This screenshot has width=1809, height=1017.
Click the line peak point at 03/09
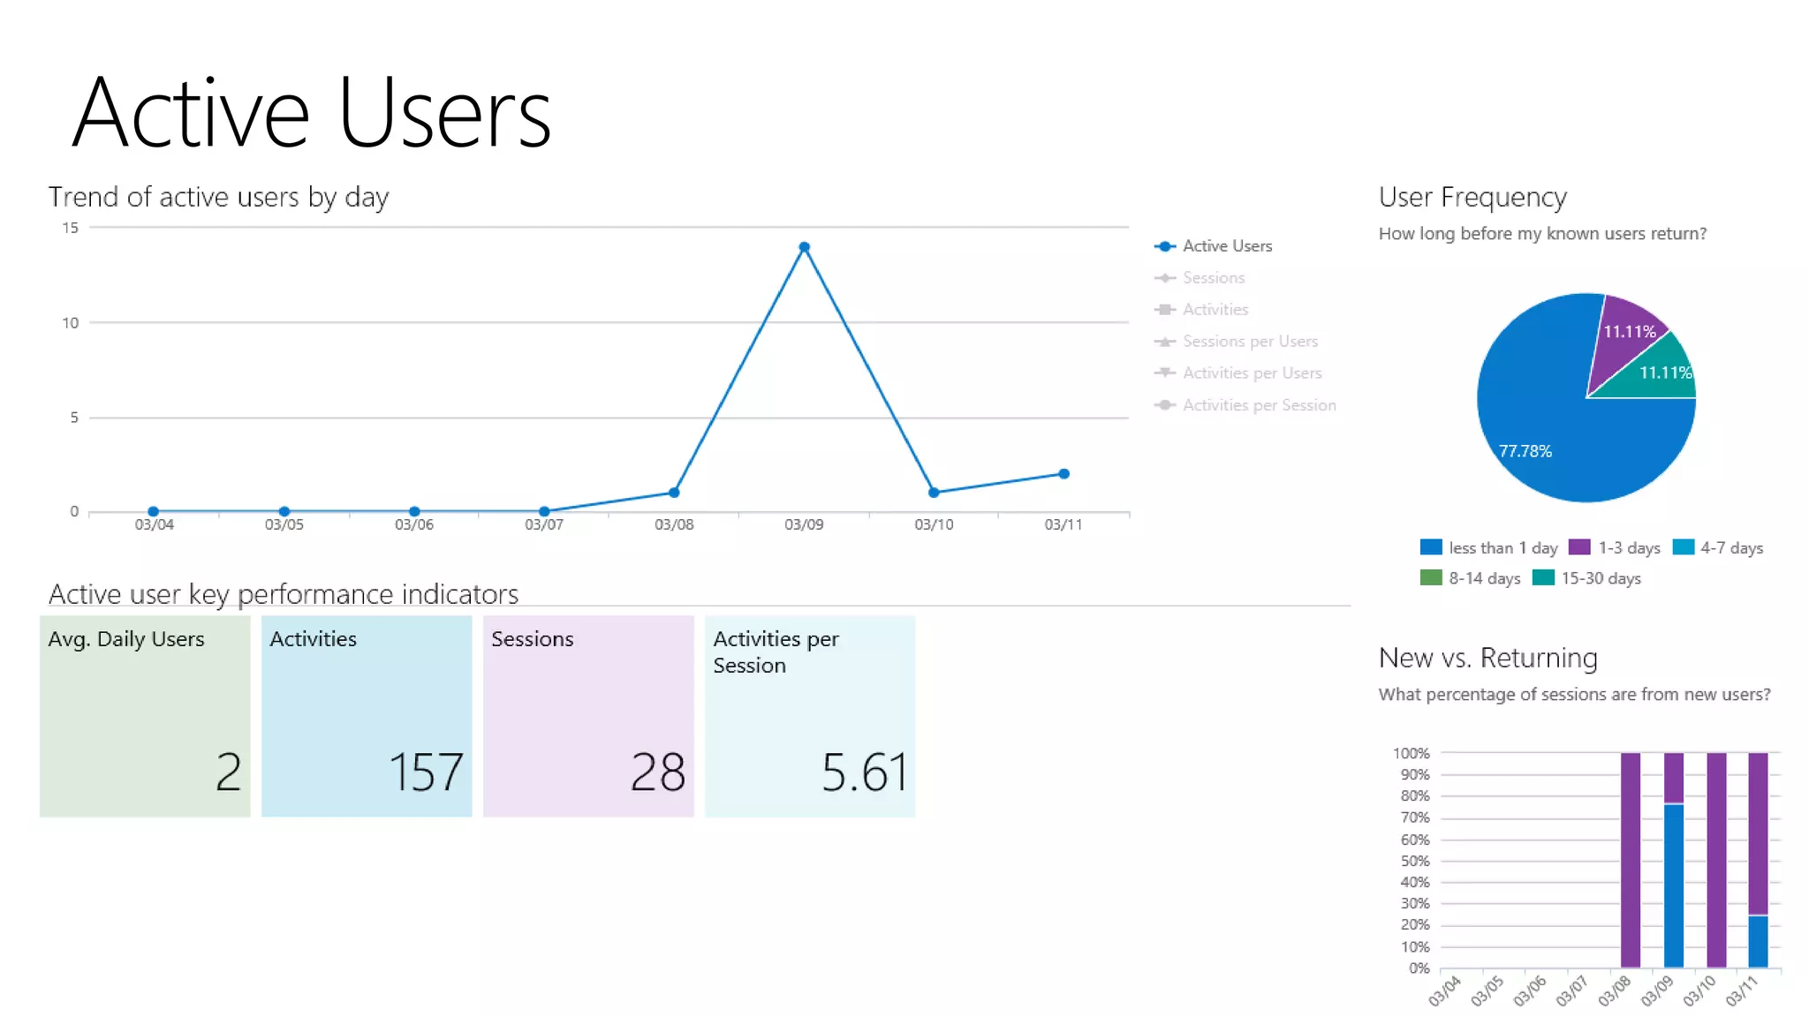[804, 247]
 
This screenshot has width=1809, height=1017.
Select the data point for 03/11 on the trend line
[1063, 474]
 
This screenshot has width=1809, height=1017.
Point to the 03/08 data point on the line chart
[674, 493]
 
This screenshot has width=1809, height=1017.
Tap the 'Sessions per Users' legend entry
[1249, 342]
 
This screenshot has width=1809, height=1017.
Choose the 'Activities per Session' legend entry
[1258, 405]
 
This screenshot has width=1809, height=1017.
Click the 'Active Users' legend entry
[1226, 246]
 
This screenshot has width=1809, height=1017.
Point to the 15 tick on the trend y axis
[70, 228]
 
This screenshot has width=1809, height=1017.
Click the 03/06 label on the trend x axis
[413, 524]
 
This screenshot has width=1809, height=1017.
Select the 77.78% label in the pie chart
[1525, 451]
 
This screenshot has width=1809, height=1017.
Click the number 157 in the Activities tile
[426, 772]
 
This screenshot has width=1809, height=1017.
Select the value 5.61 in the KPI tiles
[864, 772]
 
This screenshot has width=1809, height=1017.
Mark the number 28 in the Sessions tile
[657, 772]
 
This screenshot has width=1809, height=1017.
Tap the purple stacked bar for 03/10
[1716, 860]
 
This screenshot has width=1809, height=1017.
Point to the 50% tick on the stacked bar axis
[1414, 861]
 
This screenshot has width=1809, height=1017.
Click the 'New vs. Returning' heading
[1487, 658]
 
